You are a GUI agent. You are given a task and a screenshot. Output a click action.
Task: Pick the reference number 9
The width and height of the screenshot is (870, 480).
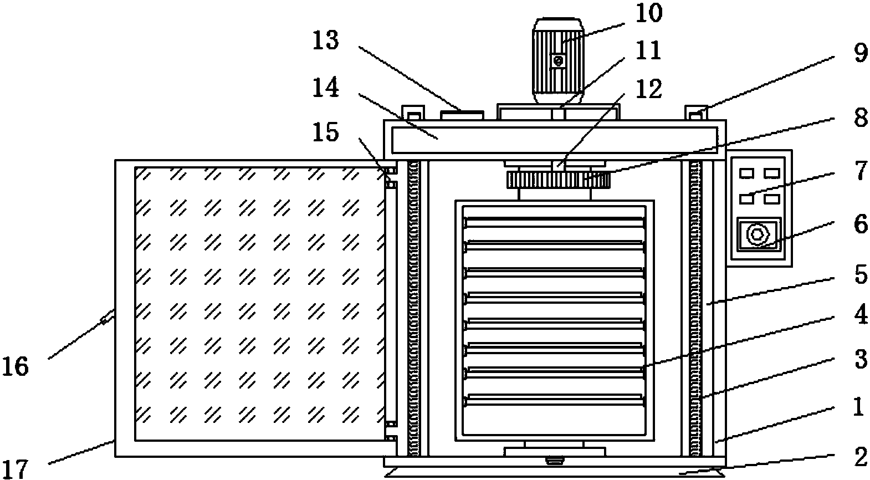(859, 54)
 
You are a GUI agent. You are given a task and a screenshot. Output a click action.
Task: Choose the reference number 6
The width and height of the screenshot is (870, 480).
(859, 224)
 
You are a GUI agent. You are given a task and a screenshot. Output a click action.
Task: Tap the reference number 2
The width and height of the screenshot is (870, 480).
(859, 457)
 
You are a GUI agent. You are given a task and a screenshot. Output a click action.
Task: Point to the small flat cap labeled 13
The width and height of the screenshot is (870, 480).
(462, 115)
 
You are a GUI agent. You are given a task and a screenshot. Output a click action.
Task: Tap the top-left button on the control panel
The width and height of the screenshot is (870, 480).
(747, 174)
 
